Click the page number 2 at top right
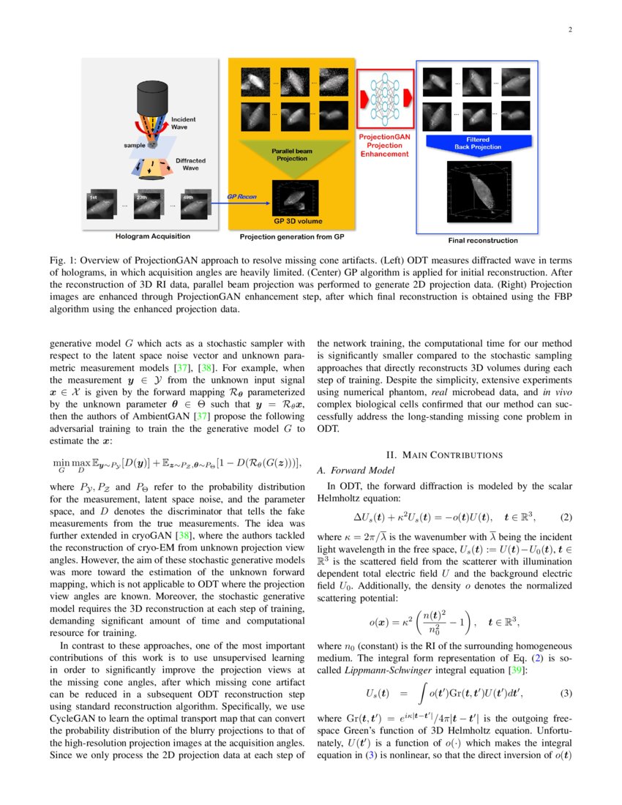[569, 30]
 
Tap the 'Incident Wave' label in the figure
[183, 122]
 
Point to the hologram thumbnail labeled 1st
[98, 206]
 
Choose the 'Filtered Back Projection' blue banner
[477, 143]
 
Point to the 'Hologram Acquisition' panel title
[152, 236]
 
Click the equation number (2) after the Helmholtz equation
[565, 517]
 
